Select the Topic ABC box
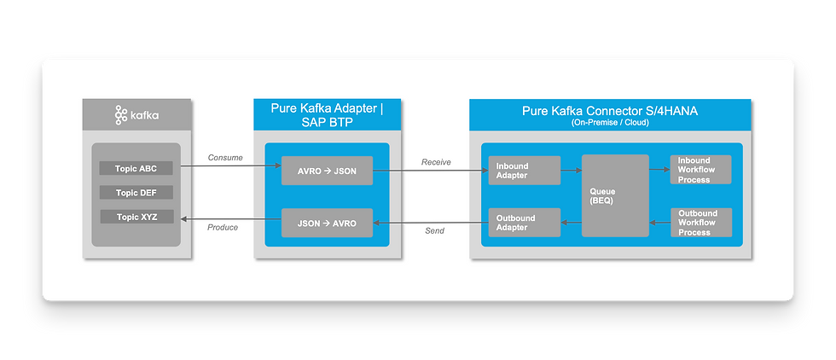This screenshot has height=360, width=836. point(136,169)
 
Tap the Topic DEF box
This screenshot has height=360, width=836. point(136,193)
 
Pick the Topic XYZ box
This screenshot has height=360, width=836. point(136,217)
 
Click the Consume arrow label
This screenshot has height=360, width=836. point(225,158)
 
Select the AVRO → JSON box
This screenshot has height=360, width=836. point(328,171)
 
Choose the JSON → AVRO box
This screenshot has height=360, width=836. point(328,224)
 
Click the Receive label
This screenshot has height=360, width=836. point(436,162)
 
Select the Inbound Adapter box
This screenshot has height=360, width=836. point(524,171)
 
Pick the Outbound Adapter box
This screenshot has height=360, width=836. point(524,223)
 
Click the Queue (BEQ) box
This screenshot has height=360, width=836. point(615,196)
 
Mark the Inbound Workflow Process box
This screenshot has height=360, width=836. point(700,170)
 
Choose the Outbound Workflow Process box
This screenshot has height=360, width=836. point(700,223)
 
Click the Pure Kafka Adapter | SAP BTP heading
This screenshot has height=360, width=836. point(322,115)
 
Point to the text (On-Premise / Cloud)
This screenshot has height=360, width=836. point(610,123)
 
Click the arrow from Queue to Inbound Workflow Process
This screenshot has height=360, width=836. point(659,170)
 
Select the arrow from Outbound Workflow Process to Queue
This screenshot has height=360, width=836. point(659,223)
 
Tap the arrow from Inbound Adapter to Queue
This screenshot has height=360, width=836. point(571,171)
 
